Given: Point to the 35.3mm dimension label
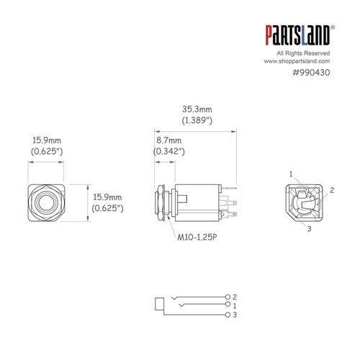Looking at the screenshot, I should click(x=197, y=110).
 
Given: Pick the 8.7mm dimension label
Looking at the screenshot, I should click(x=168, y=142).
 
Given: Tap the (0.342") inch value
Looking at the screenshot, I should click(x=170, y=152).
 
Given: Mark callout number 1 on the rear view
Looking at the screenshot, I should click(x=291, y=174).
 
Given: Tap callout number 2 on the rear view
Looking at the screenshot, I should click(x=333, y=192).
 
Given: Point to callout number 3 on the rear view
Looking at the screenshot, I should click(x=309, y=230).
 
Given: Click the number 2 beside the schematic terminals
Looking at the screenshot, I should click(x=235, y=297).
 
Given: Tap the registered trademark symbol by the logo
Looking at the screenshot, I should click(x=332, y=27).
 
